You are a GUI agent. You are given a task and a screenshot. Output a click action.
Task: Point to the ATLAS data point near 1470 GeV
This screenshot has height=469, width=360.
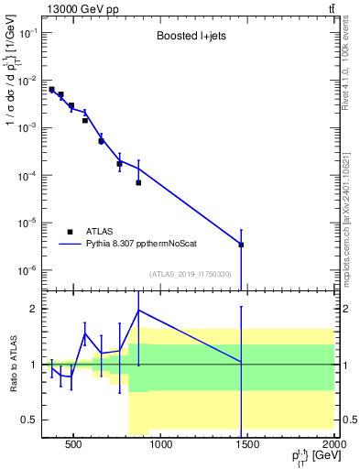click(x=241, y=245)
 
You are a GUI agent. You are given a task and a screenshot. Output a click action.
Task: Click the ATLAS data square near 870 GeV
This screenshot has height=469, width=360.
click(x=138, y=182)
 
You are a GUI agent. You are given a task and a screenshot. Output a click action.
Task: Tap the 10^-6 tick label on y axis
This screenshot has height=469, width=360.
click(x=27, y=270)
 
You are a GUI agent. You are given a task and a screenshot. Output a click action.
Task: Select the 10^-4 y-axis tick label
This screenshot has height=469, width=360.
click(x=27, y=175)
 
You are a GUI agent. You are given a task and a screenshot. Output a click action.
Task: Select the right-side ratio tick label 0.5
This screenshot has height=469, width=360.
click(x=348, y=420)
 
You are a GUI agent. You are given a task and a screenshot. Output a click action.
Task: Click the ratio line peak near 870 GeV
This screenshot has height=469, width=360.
click(x=138, y=310)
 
